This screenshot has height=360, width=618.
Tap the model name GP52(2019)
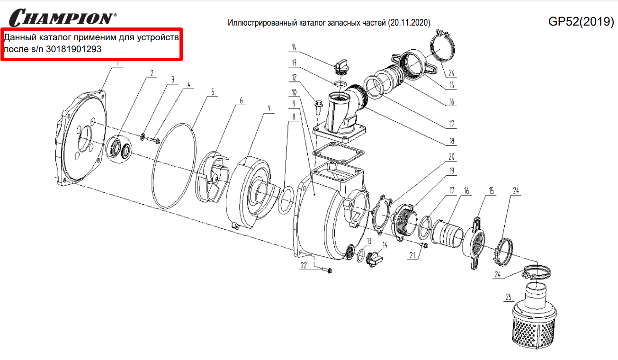coord(581,21)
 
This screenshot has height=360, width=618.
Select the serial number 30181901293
coord(74,49)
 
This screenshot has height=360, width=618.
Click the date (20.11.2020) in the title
coord(409,23)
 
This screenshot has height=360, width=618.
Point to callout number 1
coord(118,63)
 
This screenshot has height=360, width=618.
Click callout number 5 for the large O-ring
coord(213,92)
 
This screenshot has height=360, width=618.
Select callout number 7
coord(269,109)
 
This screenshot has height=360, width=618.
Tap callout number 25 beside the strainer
coord(509,297)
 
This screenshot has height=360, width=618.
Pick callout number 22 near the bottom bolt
coord(304,265)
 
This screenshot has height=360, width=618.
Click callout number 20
coord(451,157)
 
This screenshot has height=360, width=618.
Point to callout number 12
coord(294,78)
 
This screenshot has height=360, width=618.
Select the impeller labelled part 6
coord(213,177)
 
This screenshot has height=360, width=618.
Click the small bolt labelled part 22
coord(327,270)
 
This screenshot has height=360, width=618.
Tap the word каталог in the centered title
coord(313,23)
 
